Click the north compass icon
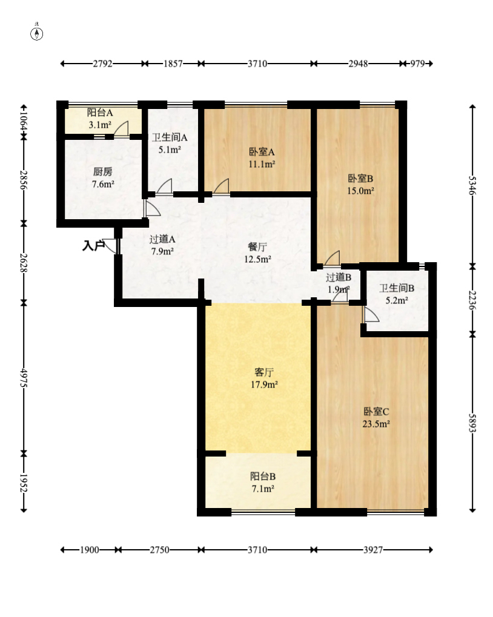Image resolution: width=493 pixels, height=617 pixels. coord(36,34)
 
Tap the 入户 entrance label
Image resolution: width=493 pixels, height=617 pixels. coord(93,246)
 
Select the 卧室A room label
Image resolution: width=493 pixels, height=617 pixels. coord(262,152)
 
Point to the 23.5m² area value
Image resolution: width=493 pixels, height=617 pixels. coord(376,424)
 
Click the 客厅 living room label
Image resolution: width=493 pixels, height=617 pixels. coord(264,372)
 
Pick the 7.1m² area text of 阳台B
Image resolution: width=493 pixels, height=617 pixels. coord(263,489)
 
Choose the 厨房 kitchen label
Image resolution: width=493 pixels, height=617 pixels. coord(103,171)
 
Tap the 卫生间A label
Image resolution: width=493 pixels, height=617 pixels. coord(170,137)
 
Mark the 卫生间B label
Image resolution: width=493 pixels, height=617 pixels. coord(397,288)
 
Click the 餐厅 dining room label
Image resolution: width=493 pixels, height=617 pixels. coord(257,246)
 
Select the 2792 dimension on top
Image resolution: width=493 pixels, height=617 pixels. coord(103,64)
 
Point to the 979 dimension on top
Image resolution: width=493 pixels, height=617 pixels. coord(417,64)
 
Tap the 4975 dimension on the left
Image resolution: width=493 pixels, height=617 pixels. coord(24,378)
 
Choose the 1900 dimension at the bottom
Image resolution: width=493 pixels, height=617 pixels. coord(89,550)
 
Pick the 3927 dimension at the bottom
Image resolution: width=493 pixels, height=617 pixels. coord(372,550)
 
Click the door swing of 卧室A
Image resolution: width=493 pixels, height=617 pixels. coord(222,186)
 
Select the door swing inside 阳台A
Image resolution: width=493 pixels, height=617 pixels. coord(121,129)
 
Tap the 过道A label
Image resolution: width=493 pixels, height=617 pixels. coord(162,239)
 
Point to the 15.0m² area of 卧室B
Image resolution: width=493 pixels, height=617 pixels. coord(360,191)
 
